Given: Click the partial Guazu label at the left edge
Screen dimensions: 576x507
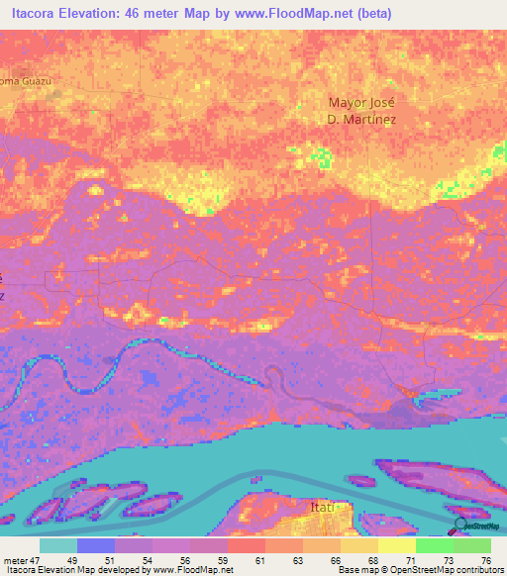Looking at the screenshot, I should [24, 80].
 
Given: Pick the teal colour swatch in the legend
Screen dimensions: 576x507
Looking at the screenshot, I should [58, 545].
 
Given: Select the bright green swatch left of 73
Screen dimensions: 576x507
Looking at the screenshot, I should [434, 545].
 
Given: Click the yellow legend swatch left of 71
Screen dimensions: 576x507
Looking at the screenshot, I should [396, 545].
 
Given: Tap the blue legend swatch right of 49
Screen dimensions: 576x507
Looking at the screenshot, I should [96, 545].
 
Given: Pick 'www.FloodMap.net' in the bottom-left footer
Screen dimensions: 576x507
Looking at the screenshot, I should [191, 570].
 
